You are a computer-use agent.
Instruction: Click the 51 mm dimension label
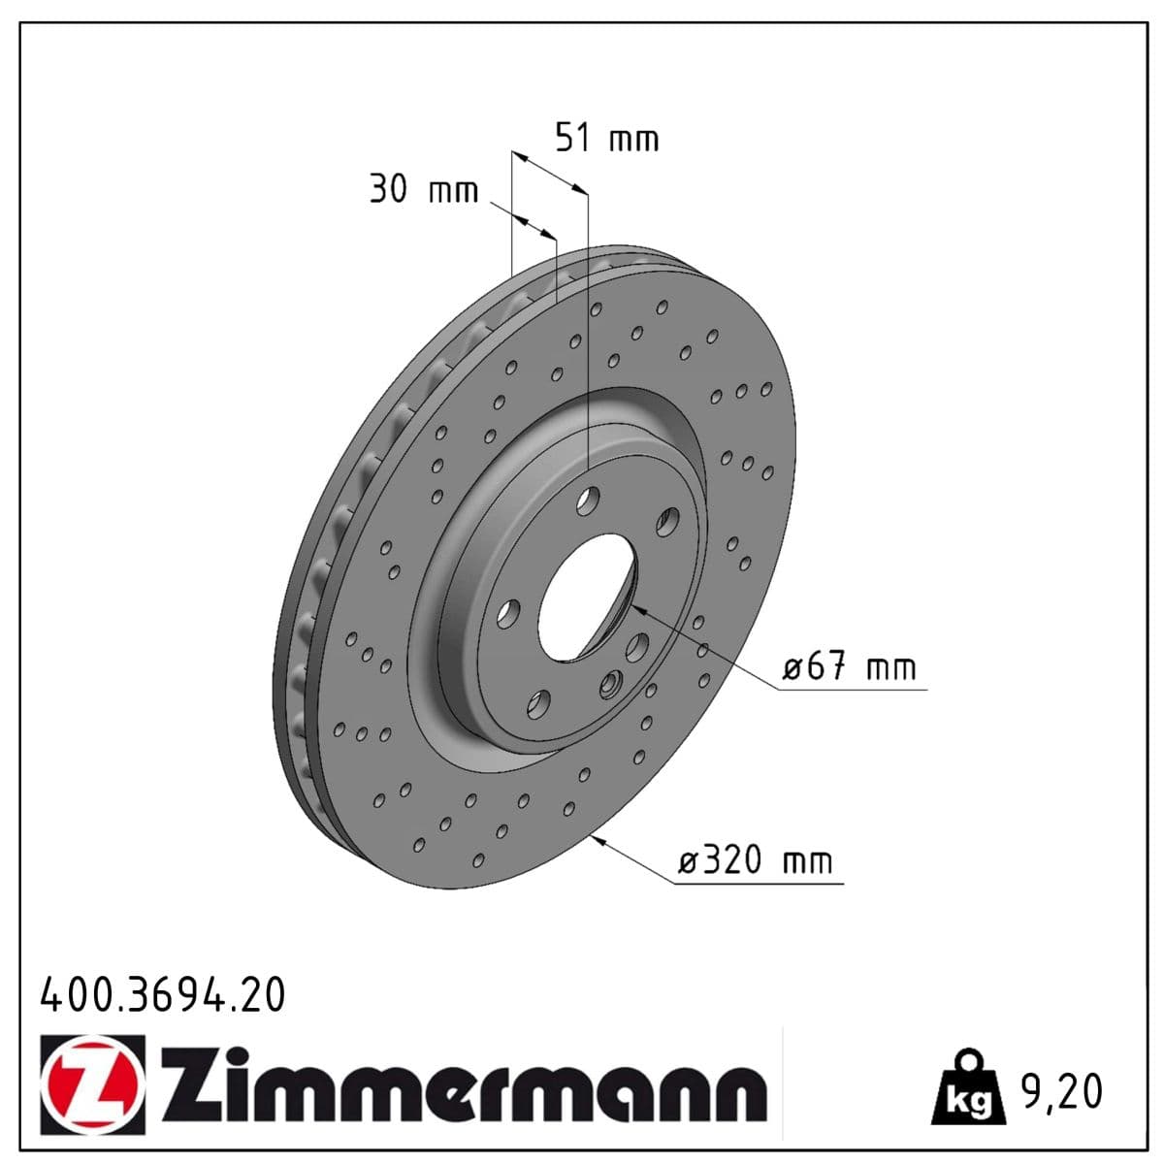tap(606, 138)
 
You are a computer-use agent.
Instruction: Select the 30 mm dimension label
tap(423, 189)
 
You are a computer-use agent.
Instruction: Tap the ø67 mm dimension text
tap(849, 667)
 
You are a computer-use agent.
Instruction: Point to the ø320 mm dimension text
tap(754, 860)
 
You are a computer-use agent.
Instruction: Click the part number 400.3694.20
tap(163, 995)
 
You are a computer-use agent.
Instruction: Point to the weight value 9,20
tap(1061, 1092)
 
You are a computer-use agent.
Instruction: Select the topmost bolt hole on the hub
tap(587, 501)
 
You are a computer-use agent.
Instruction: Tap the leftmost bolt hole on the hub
tap(508, 612)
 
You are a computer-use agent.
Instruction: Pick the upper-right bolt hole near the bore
tap(666, 523)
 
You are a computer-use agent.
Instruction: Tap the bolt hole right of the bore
tap(637, 647)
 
